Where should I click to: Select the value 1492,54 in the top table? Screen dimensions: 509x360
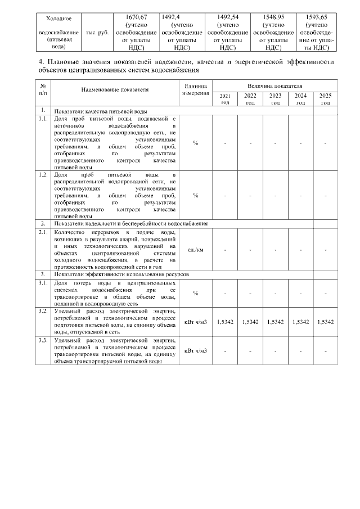pyautogui.click(x=227, y=17)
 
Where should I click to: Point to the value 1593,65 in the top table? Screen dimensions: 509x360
pyautogui.click(x=318, y=17)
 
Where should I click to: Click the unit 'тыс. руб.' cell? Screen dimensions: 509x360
pyautogui.click(x=97, y=33)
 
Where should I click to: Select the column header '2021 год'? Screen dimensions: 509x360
pyautogui.click(x=225, y=99)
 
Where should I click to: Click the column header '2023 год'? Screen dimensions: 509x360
pyautogui.click(x=275, y=99)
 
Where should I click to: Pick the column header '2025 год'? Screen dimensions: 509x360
pyautogui.click(x=325, y=99)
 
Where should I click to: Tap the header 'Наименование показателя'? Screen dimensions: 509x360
pyautogui.click(x=115, y=89)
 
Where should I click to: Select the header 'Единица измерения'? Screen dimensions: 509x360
pyautogui.click(x=195, y=89)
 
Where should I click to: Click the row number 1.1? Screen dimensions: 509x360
pyautogui.click(x=43, y=119)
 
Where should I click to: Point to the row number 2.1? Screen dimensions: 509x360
pyautogui.click(x=43, y=232)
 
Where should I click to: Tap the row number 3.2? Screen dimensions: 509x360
pyautogui.click(x=43, y=310)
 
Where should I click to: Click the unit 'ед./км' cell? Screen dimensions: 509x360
pyautogui.click(x=195, y=249)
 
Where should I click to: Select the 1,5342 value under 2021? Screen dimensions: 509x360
pyautogui.click(x=225, y=322)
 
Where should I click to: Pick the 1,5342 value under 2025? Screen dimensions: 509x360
pyautogui.click(x=325, y=322)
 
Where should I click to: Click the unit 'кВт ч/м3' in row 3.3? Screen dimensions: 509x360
pyautogui.click(x=195, y=351)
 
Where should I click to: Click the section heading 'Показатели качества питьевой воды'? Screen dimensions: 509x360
pyautogui.click(x=101, y=111)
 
